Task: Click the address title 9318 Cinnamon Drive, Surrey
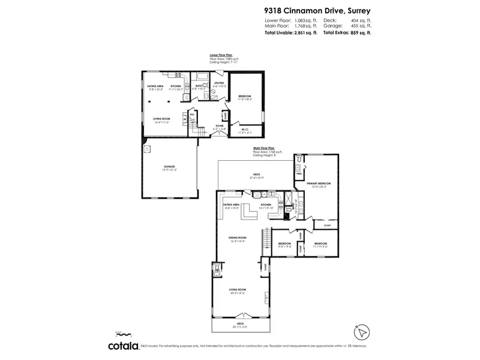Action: [317, 10]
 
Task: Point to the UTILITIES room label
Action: [219, 84]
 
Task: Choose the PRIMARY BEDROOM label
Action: [319, 184]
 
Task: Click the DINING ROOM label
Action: [238, 239]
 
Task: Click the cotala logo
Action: [123, 346]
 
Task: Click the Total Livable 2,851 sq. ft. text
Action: [291, 33]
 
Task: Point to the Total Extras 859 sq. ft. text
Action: [347, 33]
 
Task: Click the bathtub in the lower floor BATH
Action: [202, 76]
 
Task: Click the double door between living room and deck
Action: [242, 316]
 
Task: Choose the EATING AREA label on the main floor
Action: [232, 206]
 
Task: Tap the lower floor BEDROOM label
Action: [245, 98]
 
